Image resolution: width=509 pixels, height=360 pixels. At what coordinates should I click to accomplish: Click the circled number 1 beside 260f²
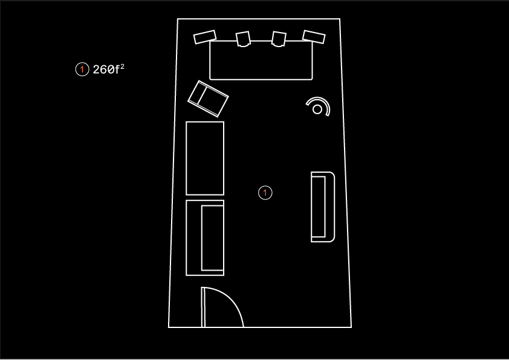[82, 69]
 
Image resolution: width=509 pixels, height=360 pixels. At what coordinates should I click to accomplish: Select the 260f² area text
[108, 69]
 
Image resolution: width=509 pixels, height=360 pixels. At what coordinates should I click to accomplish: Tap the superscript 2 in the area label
[122, 66]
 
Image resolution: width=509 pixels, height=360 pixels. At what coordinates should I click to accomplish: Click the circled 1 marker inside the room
[265, 193]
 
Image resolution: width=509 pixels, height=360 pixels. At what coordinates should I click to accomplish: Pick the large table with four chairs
[261, 60]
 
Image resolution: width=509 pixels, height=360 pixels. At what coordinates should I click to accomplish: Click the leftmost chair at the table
[205, 37]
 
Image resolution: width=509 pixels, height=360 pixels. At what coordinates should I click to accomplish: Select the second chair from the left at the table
[243, 39]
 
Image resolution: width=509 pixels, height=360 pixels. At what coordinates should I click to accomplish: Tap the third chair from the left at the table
[279, 39]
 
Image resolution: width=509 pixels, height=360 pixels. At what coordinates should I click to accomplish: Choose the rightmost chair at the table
[314, 37]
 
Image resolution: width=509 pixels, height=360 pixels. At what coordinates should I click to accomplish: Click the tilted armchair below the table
[208, 99]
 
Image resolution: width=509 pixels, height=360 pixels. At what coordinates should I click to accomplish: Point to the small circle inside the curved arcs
[317, 109]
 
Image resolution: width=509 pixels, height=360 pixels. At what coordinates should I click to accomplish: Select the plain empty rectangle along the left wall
[205, 158]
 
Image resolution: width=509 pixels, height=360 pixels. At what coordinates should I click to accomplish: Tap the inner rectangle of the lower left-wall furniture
[213, 238]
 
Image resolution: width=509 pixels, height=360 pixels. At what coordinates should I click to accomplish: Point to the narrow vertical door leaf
[203, 307]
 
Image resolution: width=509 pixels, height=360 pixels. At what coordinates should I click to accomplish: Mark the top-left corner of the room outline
[178, 19]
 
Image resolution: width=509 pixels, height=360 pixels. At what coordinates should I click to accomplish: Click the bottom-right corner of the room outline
[351, 327]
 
